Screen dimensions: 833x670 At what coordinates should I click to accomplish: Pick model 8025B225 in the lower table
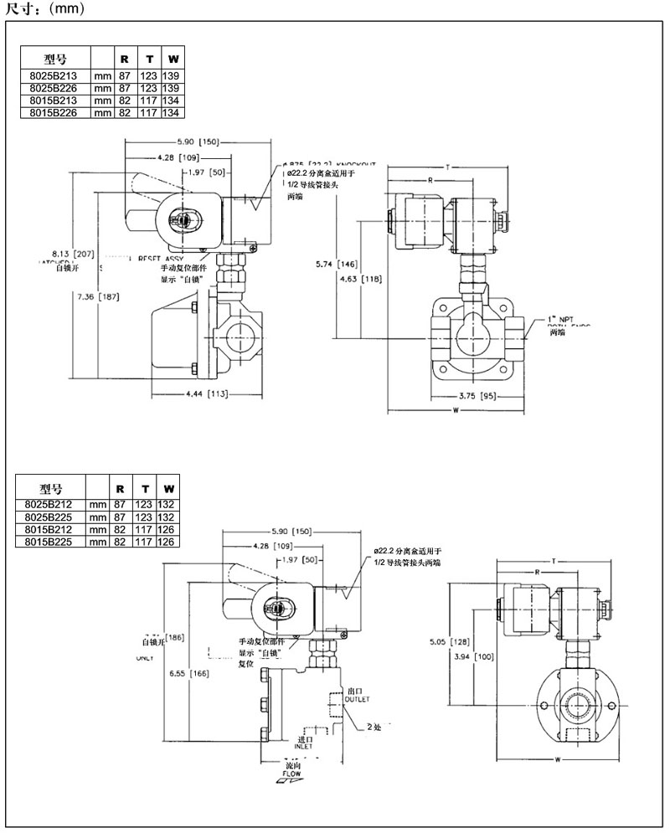tap(51, 517)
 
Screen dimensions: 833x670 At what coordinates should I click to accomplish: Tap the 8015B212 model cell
tap(51, 529)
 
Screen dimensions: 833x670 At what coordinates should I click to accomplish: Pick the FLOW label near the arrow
tap(291, 774)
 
